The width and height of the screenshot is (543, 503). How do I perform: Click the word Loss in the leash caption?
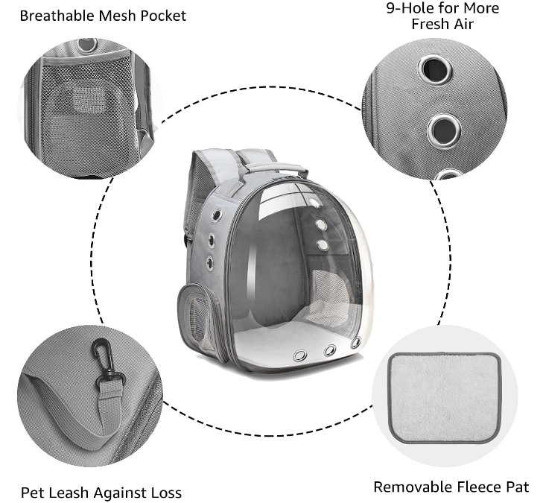click(166, 493)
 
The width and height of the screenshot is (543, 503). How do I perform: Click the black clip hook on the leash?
click(104, 358)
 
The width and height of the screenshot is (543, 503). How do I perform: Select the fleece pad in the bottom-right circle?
click(445, 397)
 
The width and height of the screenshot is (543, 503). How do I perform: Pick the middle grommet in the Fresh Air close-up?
click(444, 131)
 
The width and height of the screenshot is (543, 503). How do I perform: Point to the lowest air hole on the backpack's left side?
click(210, 263)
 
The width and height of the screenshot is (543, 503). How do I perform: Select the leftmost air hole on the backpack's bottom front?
click(300, 355)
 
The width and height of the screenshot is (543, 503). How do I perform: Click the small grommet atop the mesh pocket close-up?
click(88, 45)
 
